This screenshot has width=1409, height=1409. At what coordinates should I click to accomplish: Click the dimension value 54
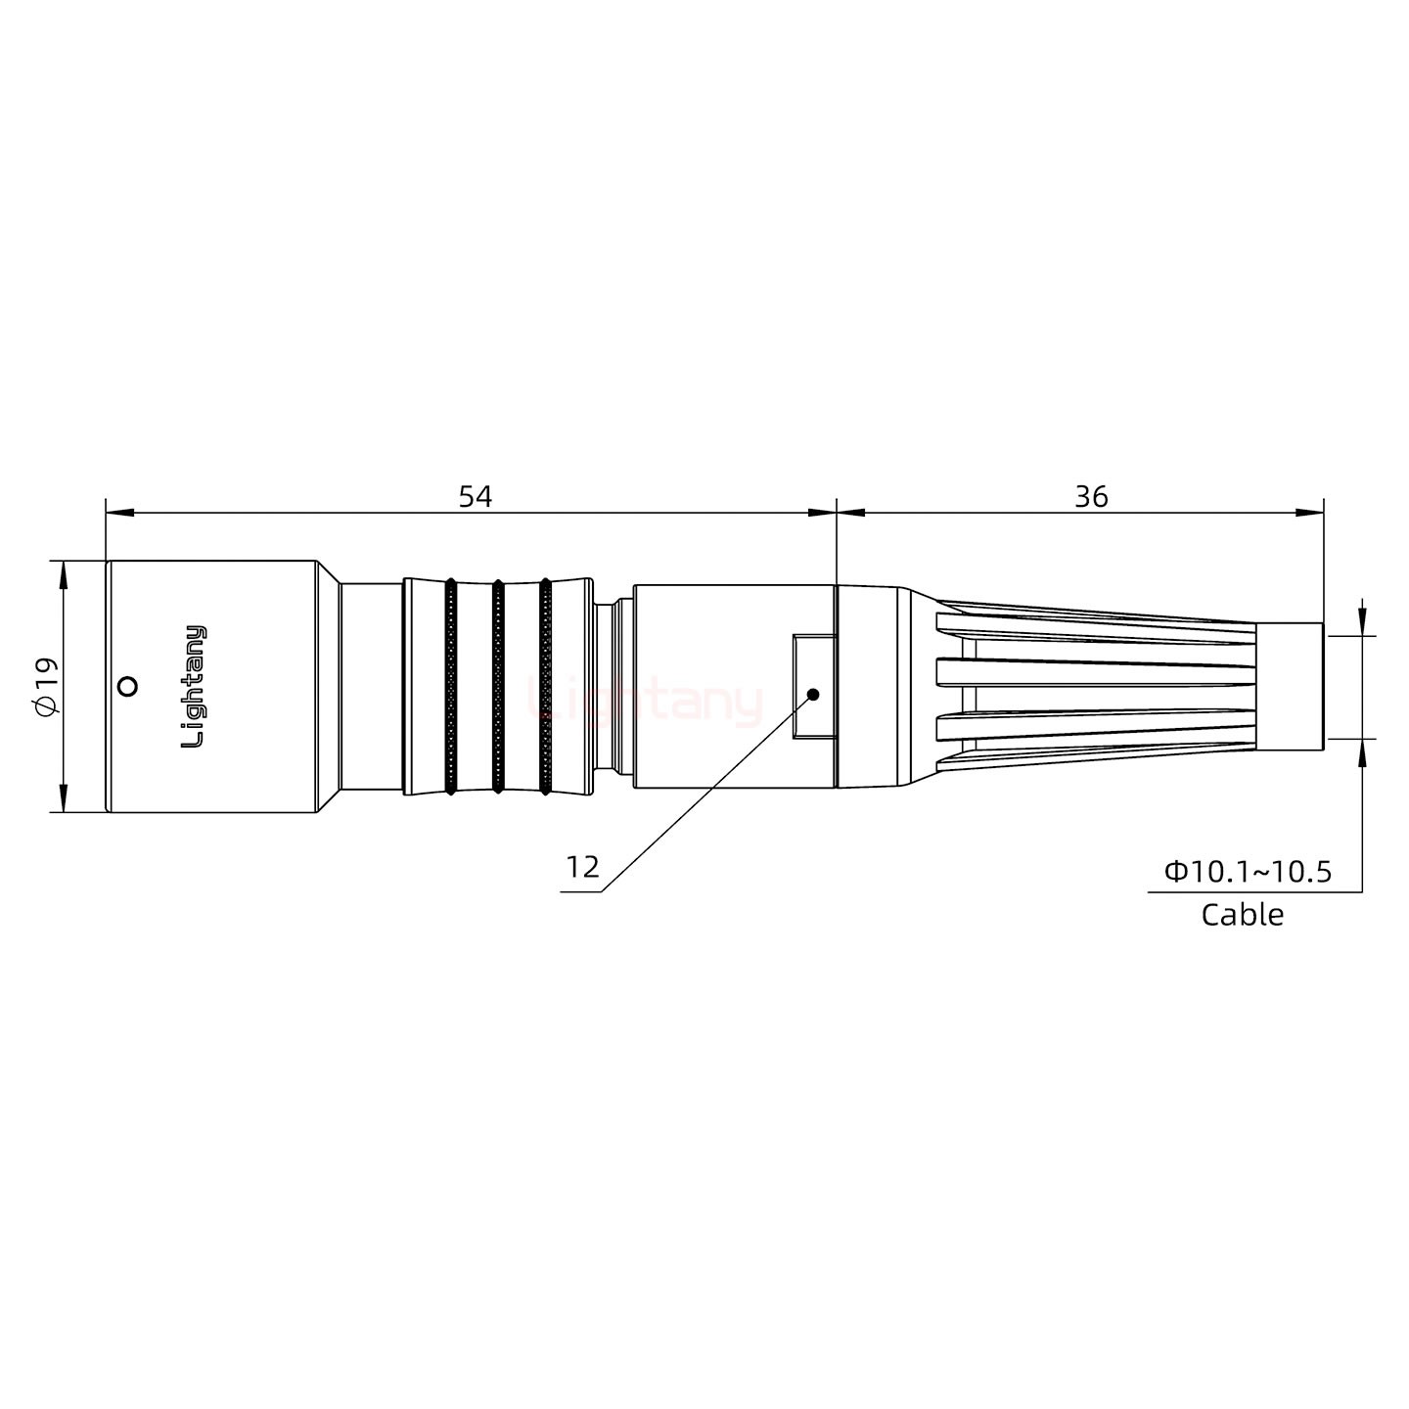click(476, 497)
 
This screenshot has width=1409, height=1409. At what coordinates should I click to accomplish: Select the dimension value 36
click(1091, 497)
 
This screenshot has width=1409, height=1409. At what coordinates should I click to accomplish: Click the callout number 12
click(582, 867)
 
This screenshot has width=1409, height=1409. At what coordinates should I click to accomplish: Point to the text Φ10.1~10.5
click(1248, 872)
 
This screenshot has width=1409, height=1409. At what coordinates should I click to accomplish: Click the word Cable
click(1242, 915)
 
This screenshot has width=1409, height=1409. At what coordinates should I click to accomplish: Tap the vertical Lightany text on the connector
click(196, 687)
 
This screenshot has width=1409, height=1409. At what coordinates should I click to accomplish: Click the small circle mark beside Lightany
click(126, 687)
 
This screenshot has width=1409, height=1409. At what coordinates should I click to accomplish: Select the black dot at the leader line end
click(812, 695)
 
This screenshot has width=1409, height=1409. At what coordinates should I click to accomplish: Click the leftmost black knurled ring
click(450, 687)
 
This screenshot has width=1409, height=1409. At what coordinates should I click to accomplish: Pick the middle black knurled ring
click(498, 687)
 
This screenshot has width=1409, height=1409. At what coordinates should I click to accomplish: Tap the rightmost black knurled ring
click(545, 687)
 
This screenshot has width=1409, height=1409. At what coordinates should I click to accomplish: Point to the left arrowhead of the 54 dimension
click(117, 512)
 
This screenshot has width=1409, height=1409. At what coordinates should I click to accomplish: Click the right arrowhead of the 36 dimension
click(1311, 512)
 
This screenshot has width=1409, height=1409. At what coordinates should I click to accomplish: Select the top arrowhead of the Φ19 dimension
click(64, 573)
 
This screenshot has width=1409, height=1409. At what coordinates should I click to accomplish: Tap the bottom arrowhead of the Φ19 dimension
click(64, 799)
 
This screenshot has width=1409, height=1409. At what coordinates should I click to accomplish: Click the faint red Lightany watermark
click(646, 701)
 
